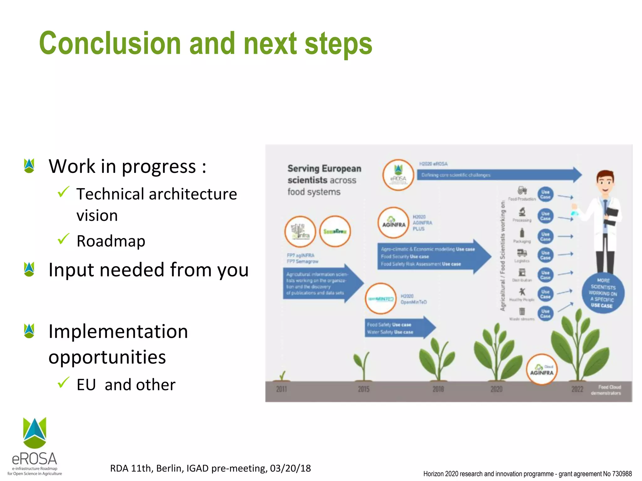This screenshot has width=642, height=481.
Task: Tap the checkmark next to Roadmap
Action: pos(64,239)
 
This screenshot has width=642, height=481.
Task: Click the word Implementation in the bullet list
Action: pos(118,332)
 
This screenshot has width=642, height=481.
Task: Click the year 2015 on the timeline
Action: pos(364,389)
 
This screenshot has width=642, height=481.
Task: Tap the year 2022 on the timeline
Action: pos(577,389)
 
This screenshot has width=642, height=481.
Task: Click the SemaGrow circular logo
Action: pos(335,231)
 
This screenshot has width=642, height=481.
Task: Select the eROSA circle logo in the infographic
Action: pos(398,175)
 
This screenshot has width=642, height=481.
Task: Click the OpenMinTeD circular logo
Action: pos(381,299)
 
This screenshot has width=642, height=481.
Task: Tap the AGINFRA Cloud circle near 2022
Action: pos(541,370)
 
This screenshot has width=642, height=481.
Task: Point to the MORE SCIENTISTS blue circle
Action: pos(603,293)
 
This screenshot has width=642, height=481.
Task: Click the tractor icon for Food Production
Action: pos(522,190)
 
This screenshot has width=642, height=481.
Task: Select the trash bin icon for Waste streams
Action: pos(522,311)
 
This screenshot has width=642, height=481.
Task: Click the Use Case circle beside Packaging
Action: pos(545,236)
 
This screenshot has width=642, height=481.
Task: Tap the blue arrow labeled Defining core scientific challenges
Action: pos(498,175)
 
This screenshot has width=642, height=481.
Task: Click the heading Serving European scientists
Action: pos(324,174)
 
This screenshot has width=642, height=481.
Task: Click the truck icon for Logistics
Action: pos(522,253)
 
